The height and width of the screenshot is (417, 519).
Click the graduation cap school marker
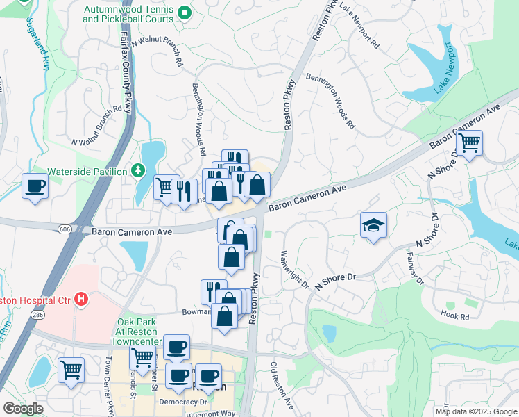point(373,226)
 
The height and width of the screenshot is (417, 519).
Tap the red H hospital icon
point(82,300)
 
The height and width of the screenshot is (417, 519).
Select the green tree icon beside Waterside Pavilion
point(138,171)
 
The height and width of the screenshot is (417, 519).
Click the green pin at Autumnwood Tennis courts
point(184,13)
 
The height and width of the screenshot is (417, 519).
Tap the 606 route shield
point(64,228)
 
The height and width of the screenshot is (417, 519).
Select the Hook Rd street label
point(454,315)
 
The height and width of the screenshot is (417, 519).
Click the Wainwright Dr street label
point(294,270)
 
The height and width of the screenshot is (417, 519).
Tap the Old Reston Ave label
point(282,386)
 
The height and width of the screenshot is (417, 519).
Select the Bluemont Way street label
point(211,413)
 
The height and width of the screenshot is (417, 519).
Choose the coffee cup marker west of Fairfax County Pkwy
point(34,186)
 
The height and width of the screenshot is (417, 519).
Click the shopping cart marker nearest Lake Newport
point(470,142)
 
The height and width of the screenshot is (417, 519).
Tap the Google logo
point(23,409)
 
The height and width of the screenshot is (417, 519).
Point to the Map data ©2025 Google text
point(475,411)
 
